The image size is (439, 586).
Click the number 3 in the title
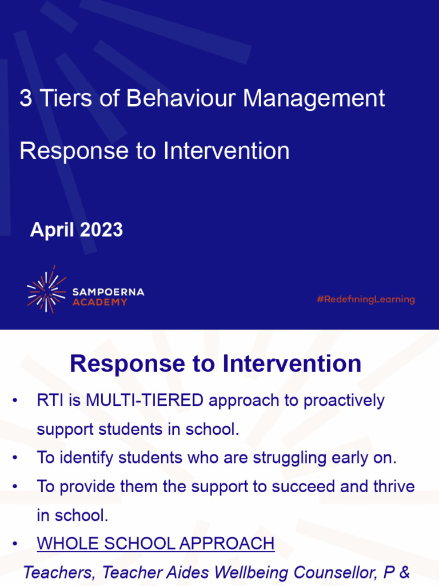point(25,98)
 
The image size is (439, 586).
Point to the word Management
point(314,98)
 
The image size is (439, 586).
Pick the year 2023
point(101,230)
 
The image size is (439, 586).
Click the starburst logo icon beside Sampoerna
point(46,290)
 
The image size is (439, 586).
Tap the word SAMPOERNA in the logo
point(108,292)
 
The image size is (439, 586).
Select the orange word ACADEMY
point(99,302)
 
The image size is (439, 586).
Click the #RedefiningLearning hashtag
point(365,299)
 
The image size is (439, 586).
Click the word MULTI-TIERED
point(145,401)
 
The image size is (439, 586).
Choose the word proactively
point(344,401)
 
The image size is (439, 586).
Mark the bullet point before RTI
point(15,401)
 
